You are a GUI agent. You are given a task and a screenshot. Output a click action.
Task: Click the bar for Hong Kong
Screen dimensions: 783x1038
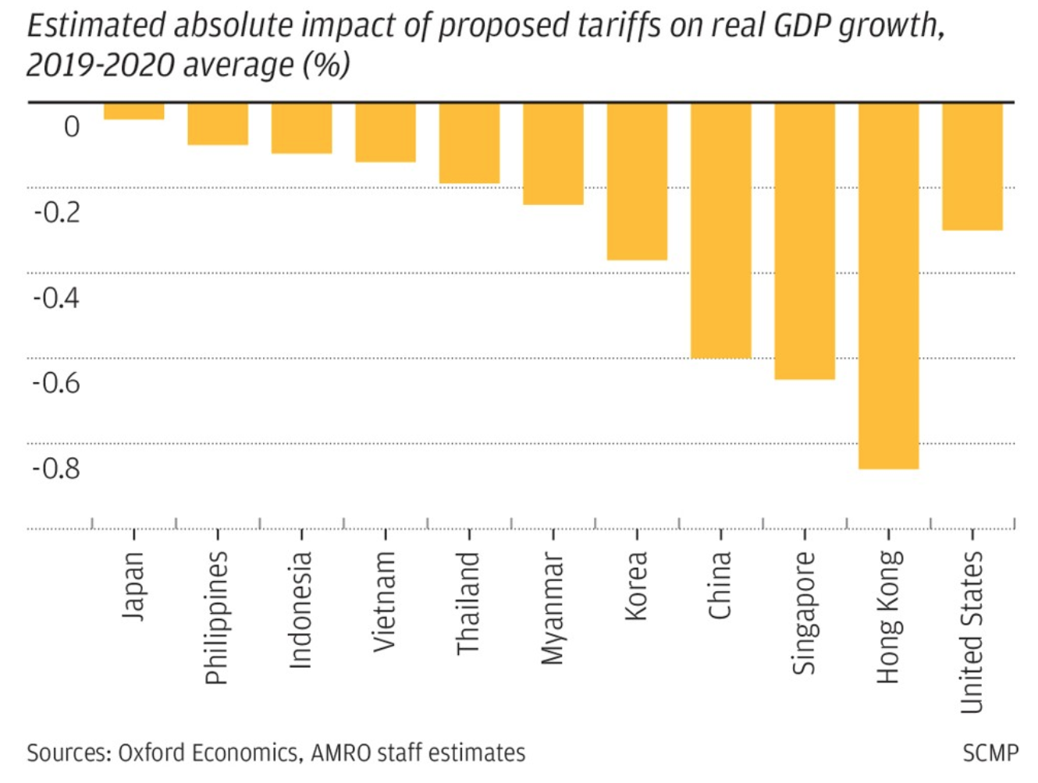pyautogui.click(x=888, y=285)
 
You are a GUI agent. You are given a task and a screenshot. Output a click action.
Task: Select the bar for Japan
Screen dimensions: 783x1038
pyautogui.click(x=134, y=112)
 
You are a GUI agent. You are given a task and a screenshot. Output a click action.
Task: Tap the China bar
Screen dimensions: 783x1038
pyautogui.click(x=720, y=230)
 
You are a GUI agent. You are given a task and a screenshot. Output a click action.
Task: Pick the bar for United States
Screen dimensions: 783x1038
pyautogui.click(x=972, y=166)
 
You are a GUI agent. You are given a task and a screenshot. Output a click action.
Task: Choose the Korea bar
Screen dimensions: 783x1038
pyautogui.click(x=637, y=181)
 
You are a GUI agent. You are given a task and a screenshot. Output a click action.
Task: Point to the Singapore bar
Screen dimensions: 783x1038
pyautogui.click(x=805, y=241)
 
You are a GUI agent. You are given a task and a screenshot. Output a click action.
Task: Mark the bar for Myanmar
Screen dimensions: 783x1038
pyautogui.click(x=553, y=154)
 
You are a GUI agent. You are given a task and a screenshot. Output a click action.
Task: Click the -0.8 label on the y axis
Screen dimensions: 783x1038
pyautogui.click(x=56, y=468)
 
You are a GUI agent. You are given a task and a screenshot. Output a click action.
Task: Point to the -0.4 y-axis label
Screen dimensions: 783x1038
pyautogui.click(x=56, y=297)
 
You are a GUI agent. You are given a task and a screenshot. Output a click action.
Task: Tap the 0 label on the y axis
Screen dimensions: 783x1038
pyautogui.click(x=72, y=126)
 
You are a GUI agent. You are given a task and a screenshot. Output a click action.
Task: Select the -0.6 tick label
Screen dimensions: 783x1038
pyautogui.click(x=56, y=382)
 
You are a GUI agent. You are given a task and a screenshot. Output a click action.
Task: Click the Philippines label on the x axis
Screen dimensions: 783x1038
pyautogui.click(x=216, y=617)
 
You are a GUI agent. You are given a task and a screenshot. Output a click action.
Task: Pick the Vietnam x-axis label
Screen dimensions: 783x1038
pyautogui.click(x=384, y=601)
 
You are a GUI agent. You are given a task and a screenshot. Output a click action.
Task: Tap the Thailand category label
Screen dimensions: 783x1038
pyautogui.click(x=467, y=603)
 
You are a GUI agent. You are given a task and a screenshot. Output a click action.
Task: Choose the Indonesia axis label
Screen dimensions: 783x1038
pyautogui.click(x=300, y=609)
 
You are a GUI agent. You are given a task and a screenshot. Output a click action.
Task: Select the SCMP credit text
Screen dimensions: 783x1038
pyautogui.click(x=990, y=753)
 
